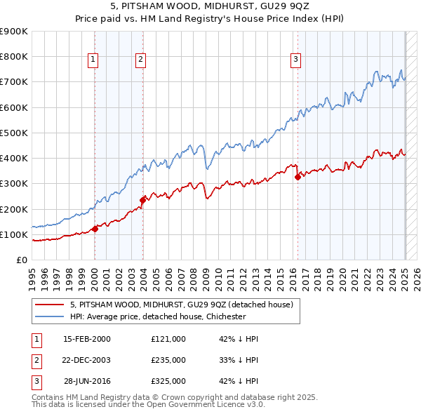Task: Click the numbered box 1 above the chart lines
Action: (x=93, y=60)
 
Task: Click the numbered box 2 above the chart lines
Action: (x=141, y=60)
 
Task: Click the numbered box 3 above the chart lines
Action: (x=296, y=60)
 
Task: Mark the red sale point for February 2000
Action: (x=95, y=228)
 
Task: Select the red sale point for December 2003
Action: (x=142, y=200)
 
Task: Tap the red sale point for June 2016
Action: (x=298, y=177)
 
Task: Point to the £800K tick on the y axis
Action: (x=15, y=57)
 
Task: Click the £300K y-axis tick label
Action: (x=15, y=184)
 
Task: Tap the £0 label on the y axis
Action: (x=22, y=260)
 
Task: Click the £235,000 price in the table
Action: (x=168, y=360)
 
